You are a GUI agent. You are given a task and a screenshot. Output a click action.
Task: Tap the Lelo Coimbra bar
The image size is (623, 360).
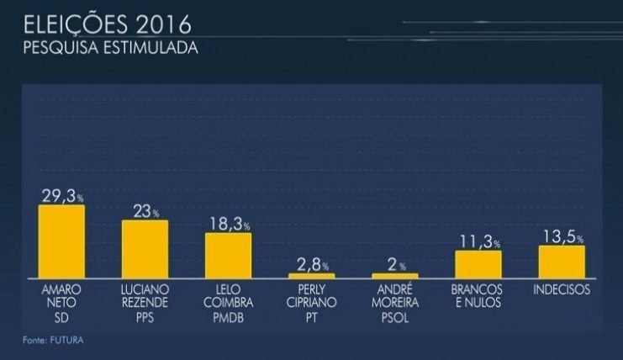228,255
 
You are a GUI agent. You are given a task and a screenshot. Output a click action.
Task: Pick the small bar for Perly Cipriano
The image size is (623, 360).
311,275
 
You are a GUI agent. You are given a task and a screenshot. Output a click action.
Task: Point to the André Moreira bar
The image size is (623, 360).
394,276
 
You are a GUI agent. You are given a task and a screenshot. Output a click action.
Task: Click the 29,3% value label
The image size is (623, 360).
62,195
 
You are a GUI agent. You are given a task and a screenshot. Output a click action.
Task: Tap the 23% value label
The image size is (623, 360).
145,212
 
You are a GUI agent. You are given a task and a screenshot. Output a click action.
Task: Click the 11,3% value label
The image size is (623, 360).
478,242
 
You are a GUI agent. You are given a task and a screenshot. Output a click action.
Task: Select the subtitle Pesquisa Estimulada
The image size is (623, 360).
111,48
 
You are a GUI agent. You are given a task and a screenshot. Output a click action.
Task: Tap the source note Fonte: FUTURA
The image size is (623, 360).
53,340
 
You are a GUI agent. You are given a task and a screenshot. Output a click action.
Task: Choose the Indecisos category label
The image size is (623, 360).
561,290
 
